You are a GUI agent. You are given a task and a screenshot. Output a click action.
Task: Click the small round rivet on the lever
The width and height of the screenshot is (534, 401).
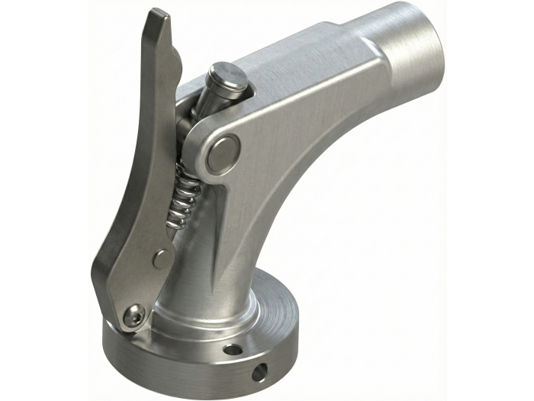(x=161, y=259)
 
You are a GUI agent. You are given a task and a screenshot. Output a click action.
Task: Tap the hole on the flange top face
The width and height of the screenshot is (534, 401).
(x=233, y=350)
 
